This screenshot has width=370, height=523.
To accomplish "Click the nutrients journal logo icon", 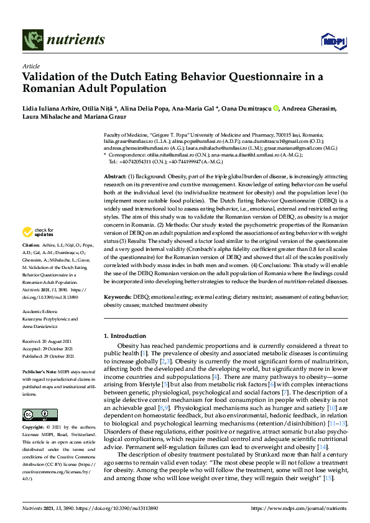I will tap(34, 40).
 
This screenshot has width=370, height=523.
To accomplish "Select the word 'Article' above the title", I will tap(30, 65).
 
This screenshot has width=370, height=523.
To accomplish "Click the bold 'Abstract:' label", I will tap(116, 177).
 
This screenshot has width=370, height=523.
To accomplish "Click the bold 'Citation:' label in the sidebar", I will tap(32, 263).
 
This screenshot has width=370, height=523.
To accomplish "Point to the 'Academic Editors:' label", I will tap(42, 312).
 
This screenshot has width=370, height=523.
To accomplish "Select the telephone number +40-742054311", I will tap(134, 161).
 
